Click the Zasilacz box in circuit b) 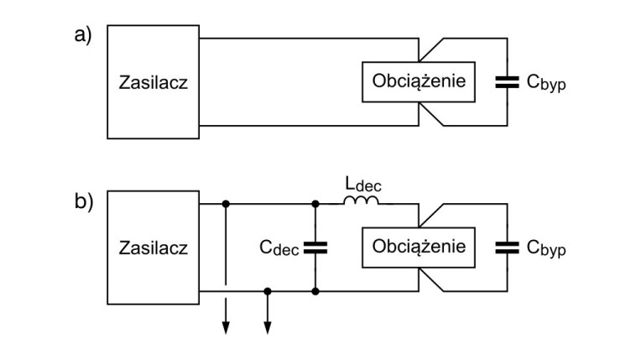click(x=153, y=248)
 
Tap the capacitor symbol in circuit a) click(x=507, y=81)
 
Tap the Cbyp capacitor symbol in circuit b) click(x=507, y=248)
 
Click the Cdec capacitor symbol click(x=315, y=248)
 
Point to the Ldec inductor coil click(x=360, y=201)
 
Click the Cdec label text click(x=280, y=248)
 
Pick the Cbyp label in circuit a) click(x=546, y=83)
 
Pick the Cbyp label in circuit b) click(x=546, y=249)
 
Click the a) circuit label click(x=82, y=38)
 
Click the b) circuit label click(x=82, y=204)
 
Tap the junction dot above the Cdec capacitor click(x=315, y=203)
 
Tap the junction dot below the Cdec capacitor click(x=315, y=291)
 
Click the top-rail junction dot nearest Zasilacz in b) click(x=226, y=203)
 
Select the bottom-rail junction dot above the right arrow click(x=268, y=291)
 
